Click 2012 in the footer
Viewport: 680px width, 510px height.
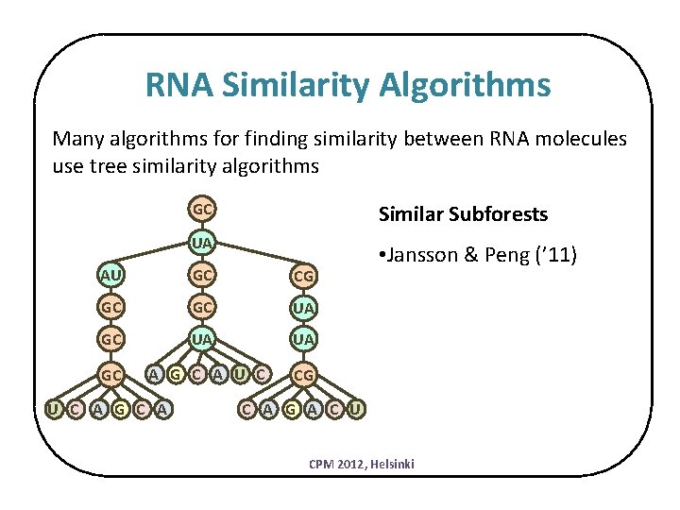(345, 464)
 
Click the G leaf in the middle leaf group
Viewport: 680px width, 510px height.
(176, 375)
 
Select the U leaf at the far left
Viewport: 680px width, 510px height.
(53, 409)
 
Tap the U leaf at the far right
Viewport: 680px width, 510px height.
(355, 409)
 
